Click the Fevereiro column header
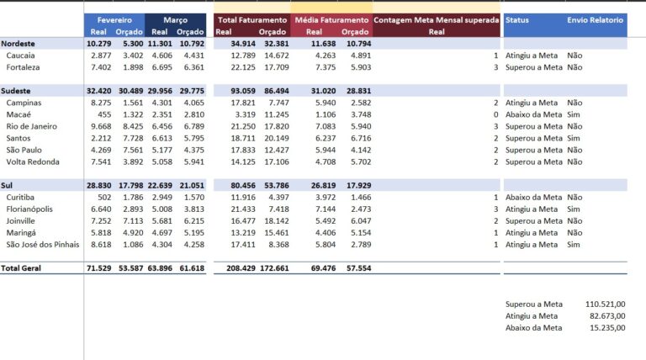114,20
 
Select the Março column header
175,20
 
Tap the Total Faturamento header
252,20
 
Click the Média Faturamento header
331,20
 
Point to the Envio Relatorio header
595,20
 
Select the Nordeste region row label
18,44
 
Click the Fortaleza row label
23,67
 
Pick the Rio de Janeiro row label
32,126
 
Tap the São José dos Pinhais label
43,245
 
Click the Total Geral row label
20,268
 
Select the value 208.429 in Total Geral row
241,268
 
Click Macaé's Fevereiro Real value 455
104,114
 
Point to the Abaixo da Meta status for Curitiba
533,198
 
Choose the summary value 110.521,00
606,304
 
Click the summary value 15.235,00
607,328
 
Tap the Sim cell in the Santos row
573,139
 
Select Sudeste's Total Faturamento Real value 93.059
243,91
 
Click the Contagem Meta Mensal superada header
437,20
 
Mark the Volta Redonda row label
33,161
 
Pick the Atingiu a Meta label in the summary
532,316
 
